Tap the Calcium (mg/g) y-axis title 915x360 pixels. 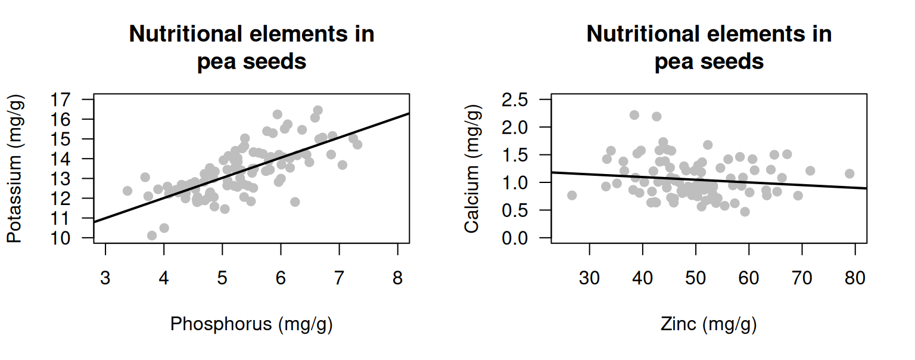click(x=472, y=168)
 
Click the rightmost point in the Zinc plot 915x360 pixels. click(x=849, y=173)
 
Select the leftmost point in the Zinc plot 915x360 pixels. click(x=572, y=195)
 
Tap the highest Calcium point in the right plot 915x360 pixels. click(x=634, y=115)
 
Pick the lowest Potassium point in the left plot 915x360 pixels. click(x=152, y=235)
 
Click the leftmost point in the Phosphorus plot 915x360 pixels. click(x=127, y=191)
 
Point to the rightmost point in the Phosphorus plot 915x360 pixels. click(x=357, y=144)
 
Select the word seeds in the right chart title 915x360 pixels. click(x=736, y=61)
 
